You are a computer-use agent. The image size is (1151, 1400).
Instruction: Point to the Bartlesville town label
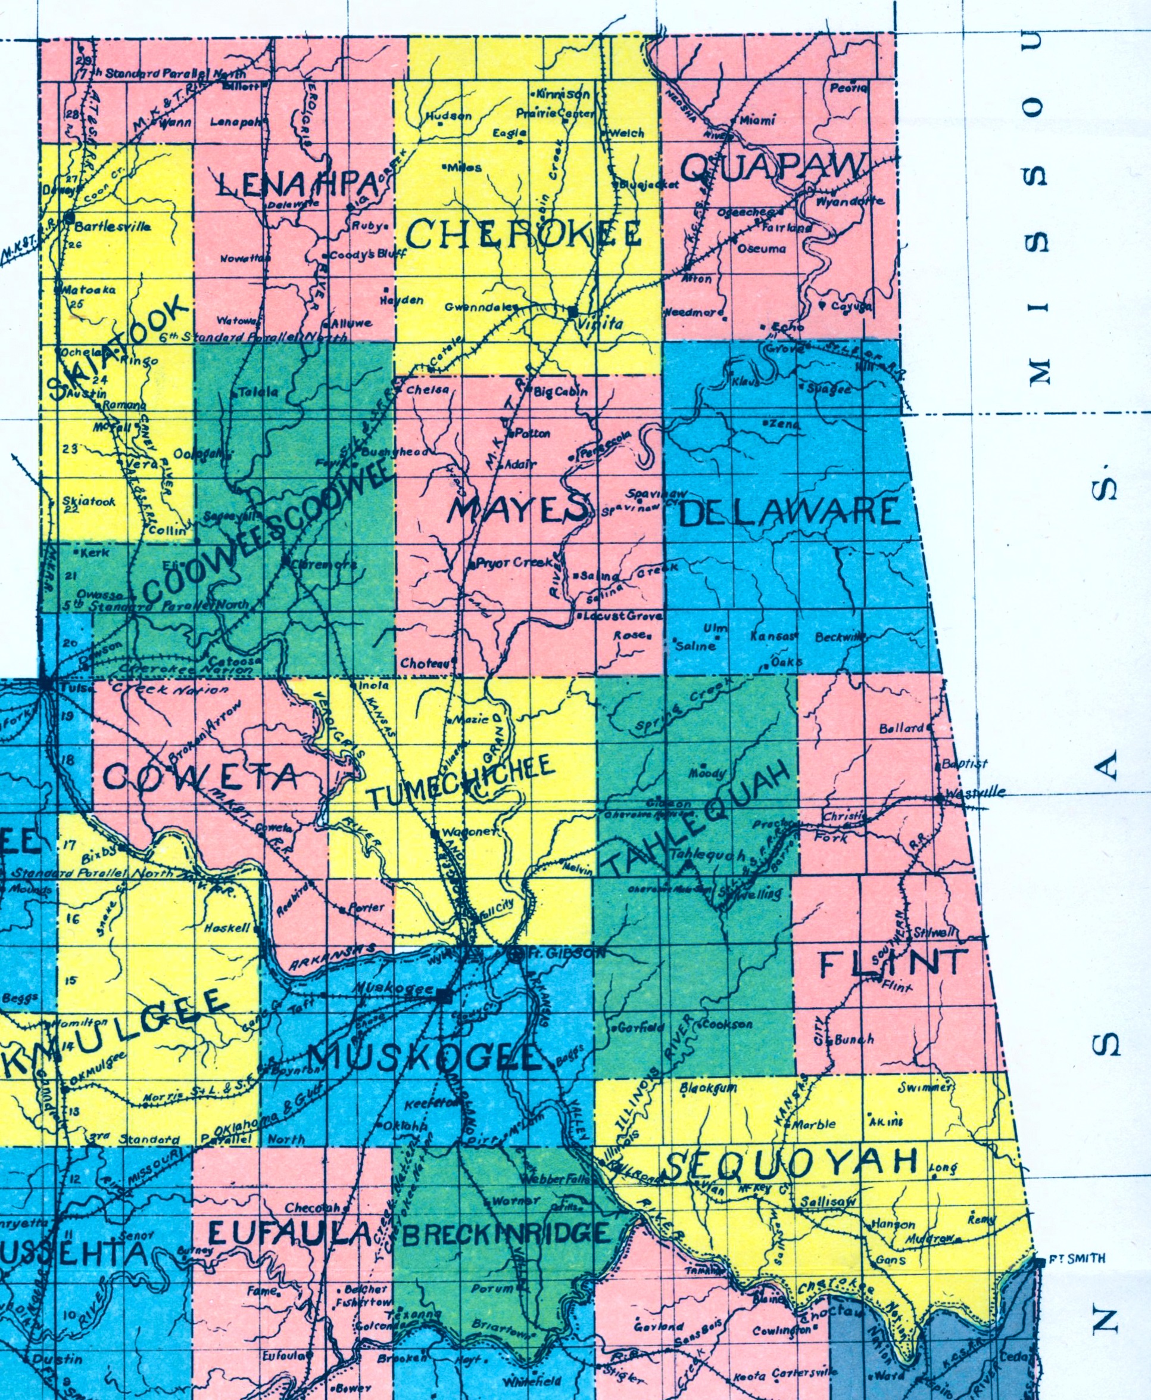coord(112,226)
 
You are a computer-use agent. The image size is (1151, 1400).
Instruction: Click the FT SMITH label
coord(1077,1259)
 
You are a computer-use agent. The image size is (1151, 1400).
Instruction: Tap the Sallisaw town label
coord(828,1202)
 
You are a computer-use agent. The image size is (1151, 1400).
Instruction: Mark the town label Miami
coord(757,120)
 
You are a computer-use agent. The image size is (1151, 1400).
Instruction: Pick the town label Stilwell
coord(934,933)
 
